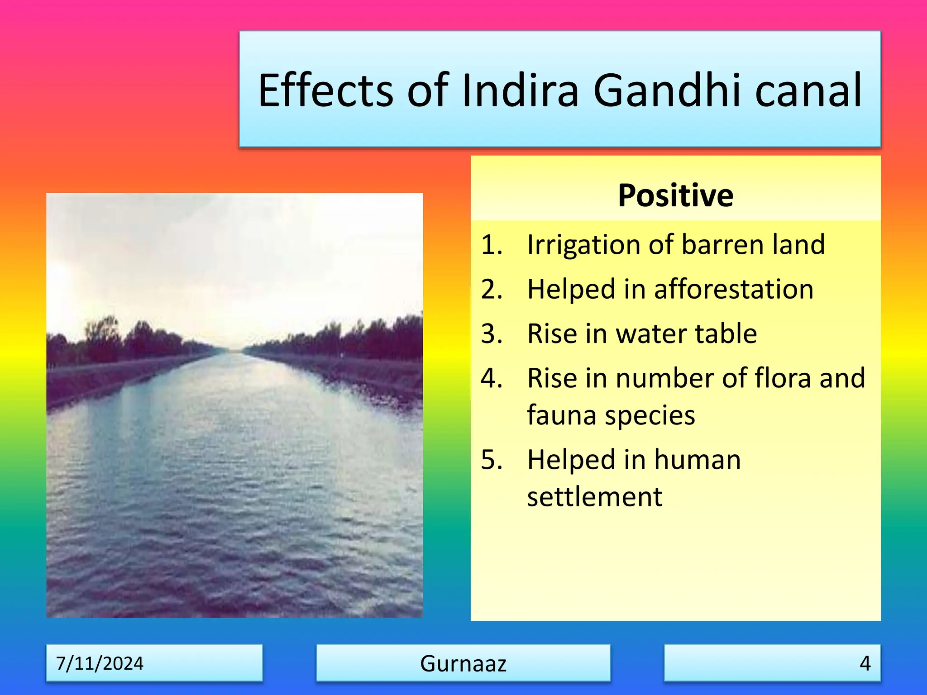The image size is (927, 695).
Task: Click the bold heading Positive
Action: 675,195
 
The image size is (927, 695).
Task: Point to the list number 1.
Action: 492,245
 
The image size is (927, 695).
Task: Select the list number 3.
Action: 492,334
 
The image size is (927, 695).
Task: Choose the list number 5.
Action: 492,460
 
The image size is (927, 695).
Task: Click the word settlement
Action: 594,497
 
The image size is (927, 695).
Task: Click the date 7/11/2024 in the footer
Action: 100,663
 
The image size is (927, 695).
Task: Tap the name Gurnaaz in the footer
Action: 463,663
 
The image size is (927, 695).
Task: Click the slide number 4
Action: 865,663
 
